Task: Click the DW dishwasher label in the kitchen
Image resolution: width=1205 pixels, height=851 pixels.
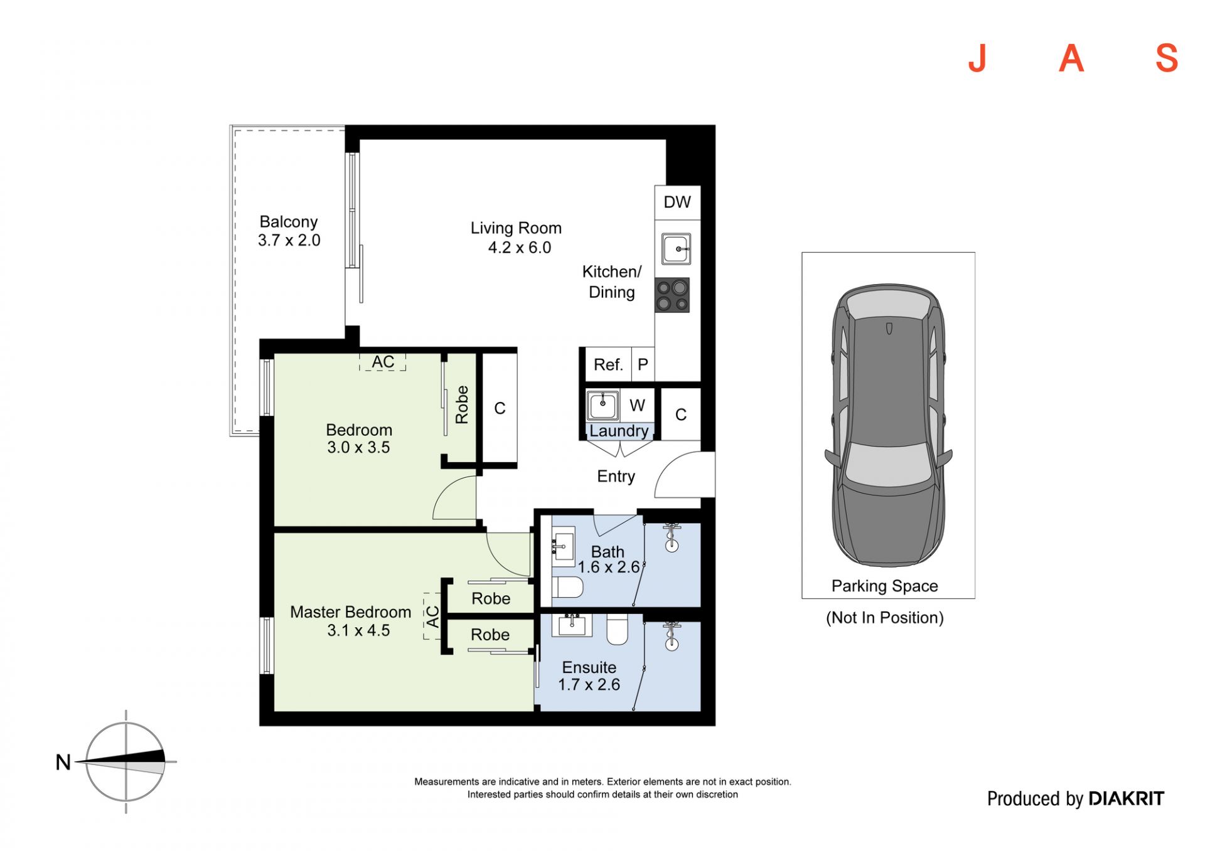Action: point(677,202)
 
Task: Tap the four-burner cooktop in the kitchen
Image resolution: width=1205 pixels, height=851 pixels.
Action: point(672,295)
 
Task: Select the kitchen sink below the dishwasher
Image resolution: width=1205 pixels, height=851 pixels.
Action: point(676,249)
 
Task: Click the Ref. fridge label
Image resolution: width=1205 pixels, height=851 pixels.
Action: point(608,365)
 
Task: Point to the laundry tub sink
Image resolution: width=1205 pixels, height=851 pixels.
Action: point(602,405)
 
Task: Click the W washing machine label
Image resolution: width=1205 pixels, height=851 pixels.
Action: point(637,406)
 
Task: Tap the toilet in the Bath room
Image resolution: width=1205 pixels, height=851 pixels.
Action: point(567,588)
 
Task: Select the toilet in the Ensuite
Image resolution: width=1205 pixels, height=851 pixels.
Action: point(618,629)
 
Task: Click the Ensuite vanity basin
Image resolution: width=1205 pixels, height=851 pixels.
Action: point(572,625)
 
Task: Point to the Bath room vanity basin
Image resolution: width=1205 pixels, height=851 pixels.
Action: point(563,547)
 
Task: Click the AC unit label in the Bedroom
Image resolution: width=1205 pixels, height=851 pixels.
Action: point(383,362)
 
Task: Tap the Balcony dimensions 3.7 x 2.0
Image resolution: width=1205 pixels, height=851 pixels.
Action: point(289,240)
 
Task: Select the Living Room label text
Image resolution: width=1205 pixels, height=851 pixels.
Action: point(516,228)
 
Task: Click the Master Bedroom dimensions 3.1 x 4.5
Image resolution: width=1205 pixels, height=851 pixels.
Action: point(358,630)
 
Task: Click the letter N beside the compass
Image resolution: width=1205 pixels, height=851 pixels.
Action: point(63,762)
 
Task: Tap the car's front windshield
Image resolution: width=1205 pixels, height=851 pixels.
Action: point(887,465)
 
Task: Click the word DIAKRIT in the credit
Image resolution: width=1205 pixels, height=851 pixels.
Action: point(1126,798)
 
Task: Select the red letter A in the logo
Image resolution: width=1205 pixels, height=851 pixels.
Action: point(1071,58)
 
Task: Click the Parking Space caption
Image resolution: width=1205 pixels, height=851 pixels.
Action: point(884,586)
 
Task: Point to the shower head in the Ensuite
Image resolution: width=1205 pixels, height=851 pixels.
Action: point(672,635)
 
